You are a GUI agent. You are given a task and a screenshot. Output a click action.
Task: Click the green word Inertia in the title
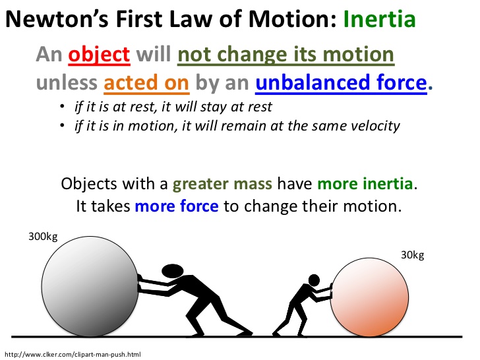[379, 19]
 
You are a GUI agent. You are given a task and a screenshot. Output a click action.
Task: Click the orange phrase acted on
[148, 84]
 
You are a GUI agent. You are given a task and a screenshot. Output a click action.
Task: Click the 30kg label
[413, 255]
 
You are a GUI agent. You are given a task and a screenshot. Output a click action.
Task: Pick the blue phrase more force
[176, 206]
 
